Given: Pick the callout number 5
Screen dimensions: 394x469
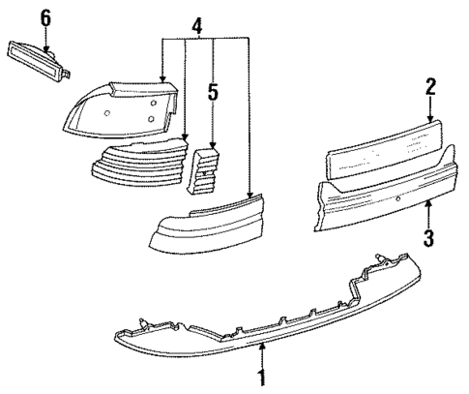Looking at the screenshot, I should [214, 94].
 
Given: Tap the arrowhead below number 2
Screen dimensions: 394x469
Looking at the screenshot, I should [429, 118].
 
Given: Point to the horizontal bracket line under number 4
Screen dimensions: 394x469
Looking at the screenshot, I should [205, 38].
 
